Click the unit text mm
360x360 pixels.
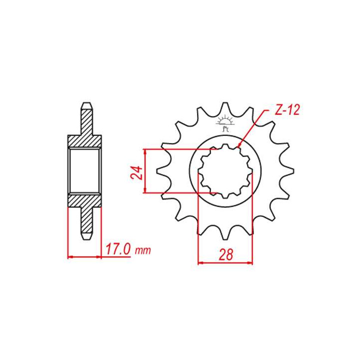click(142, 249)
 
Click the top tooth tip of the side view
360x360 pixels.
click(85, 104)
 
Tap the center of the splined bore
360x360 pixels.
click(226, 171)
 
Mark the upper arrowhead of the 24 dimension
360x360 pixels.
click(145, 151)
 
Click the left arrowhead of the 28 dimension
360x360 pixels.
click(200, 261)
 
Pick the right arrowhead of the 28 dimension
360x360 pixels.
click(252, 261)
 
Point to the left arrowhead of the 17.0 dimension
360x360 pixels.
click(68, 257)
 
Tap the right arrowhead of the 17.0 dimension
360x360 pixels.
click(101, 257)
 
